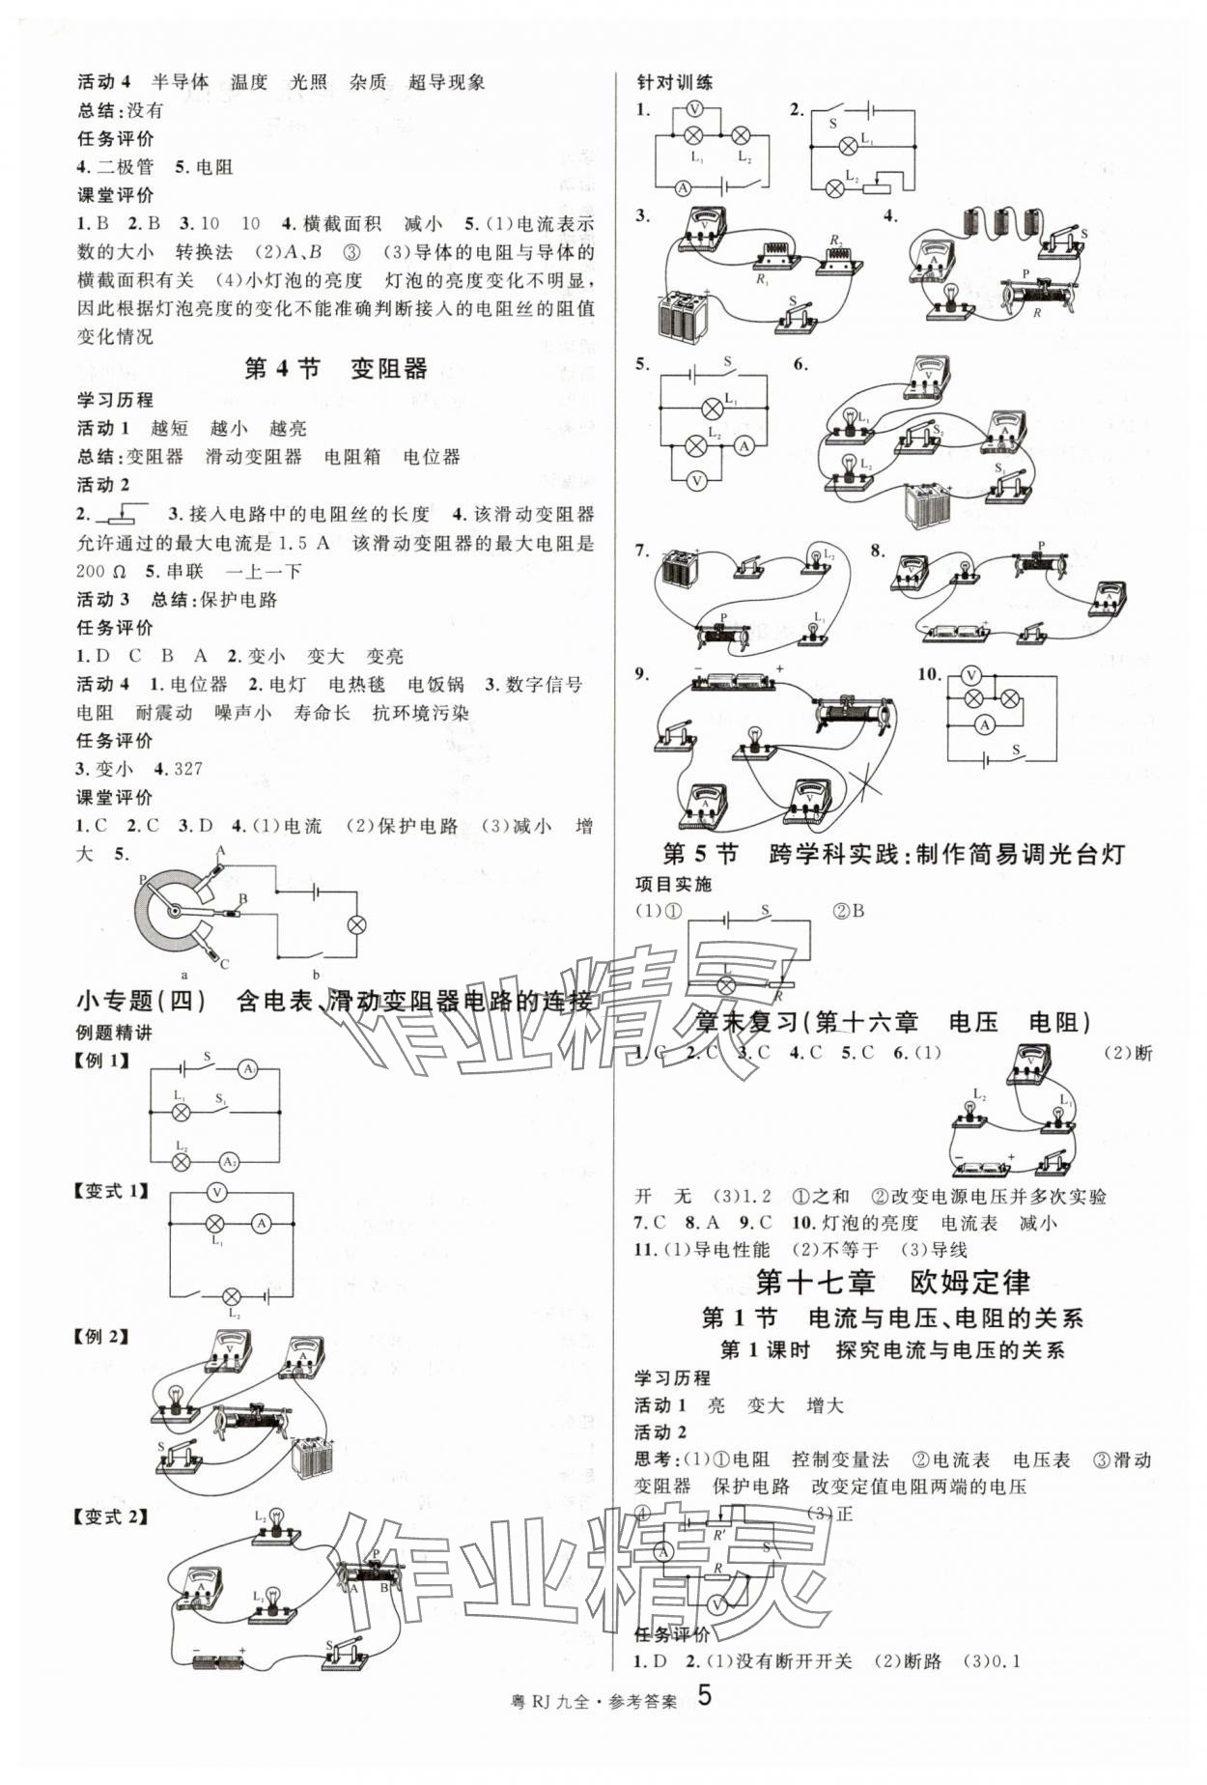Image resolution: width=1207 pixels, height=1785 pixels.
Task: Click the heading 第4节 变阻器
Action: point(335,369)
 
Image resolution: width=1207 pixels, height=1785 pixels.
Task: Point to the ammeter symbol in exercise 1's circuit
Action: point(683,187)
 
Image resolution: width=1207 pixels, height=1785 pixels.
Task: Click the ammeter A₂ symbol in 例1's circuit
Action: point(229,1161)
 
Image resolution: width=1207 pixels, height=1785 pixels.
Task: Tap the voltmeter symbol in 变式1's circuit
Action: point(217,1192)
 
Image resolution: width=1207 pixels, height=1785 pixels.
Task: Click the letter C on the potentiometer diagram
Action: point(225,963)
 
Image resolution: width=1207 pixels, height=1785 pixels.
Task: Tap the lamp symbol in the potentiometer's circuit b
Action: point(356,924)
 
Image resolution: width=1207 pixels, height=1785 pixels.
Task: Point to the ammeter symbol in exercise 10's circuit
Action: point(984,723)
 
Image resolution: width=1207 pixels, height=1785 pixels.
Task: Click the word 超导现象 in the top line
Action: point(446,82)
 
